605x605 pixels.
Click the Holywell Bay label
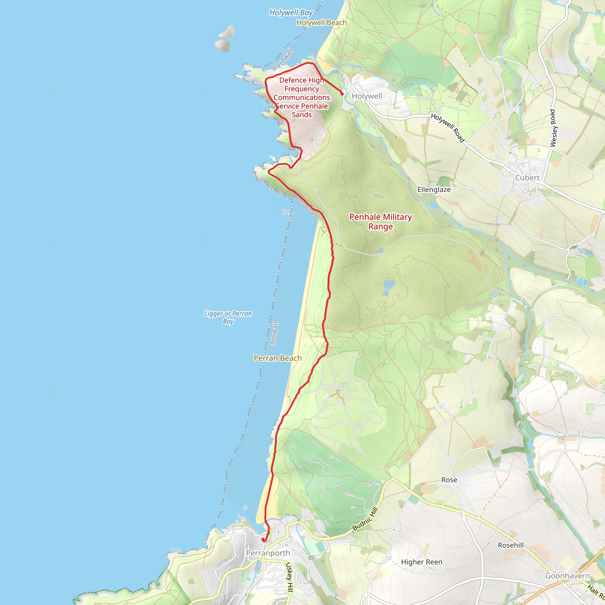point(291,13)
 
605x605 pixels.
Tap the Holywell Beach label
point(321,23)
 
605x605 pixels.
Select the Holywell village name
point(367,96)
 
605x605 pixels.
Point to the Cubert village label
point(527,178)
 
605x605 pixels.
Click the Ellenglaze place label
point(434,190)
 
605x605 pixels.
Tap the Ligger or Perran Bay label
point(228,317)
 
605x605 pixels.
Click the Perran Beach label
point(277,358)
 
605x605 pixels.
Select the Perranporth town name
point(268,553)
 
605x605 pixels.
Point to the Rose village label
point(449,480)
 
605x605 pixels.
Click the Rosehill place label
point(510,545)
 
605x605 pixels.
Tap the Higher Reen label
point(422,562)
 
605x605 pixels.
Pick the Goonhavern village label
point(567,576)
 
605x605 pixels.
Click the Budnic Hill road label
point(365,519)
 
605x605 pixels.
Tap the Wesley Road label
point(553,128)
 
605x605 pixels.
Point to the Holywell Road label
point(448,128)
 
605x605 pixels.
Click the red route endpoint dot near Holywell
point(342,94)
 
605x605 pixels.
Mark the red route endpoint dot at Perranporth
point(263,539)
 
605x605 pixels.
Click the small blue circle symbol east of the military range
point(495,294)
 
